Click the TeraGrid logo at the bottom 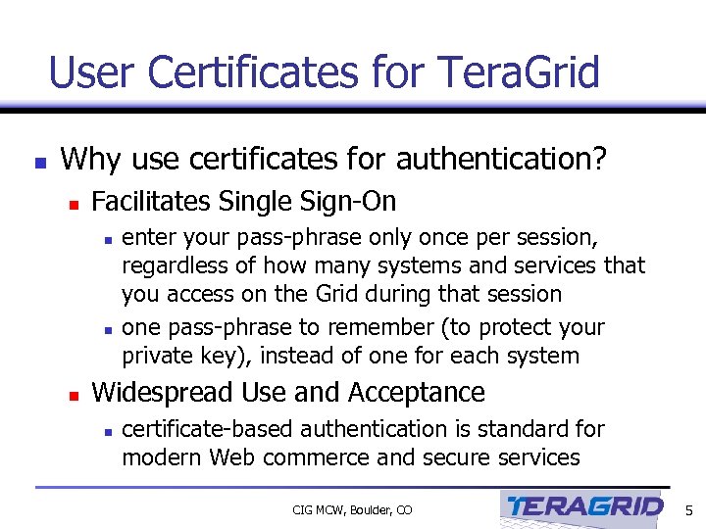(582, 507)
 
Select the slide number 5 (688, 509)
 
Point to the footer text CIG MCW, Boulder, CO (352, 509)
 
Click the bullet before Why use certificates (38, 162)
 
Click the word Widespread (163, 393)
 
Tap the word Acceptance (427, 393)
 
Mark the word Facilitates (151, 202)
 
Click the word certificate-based (207, 429)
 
